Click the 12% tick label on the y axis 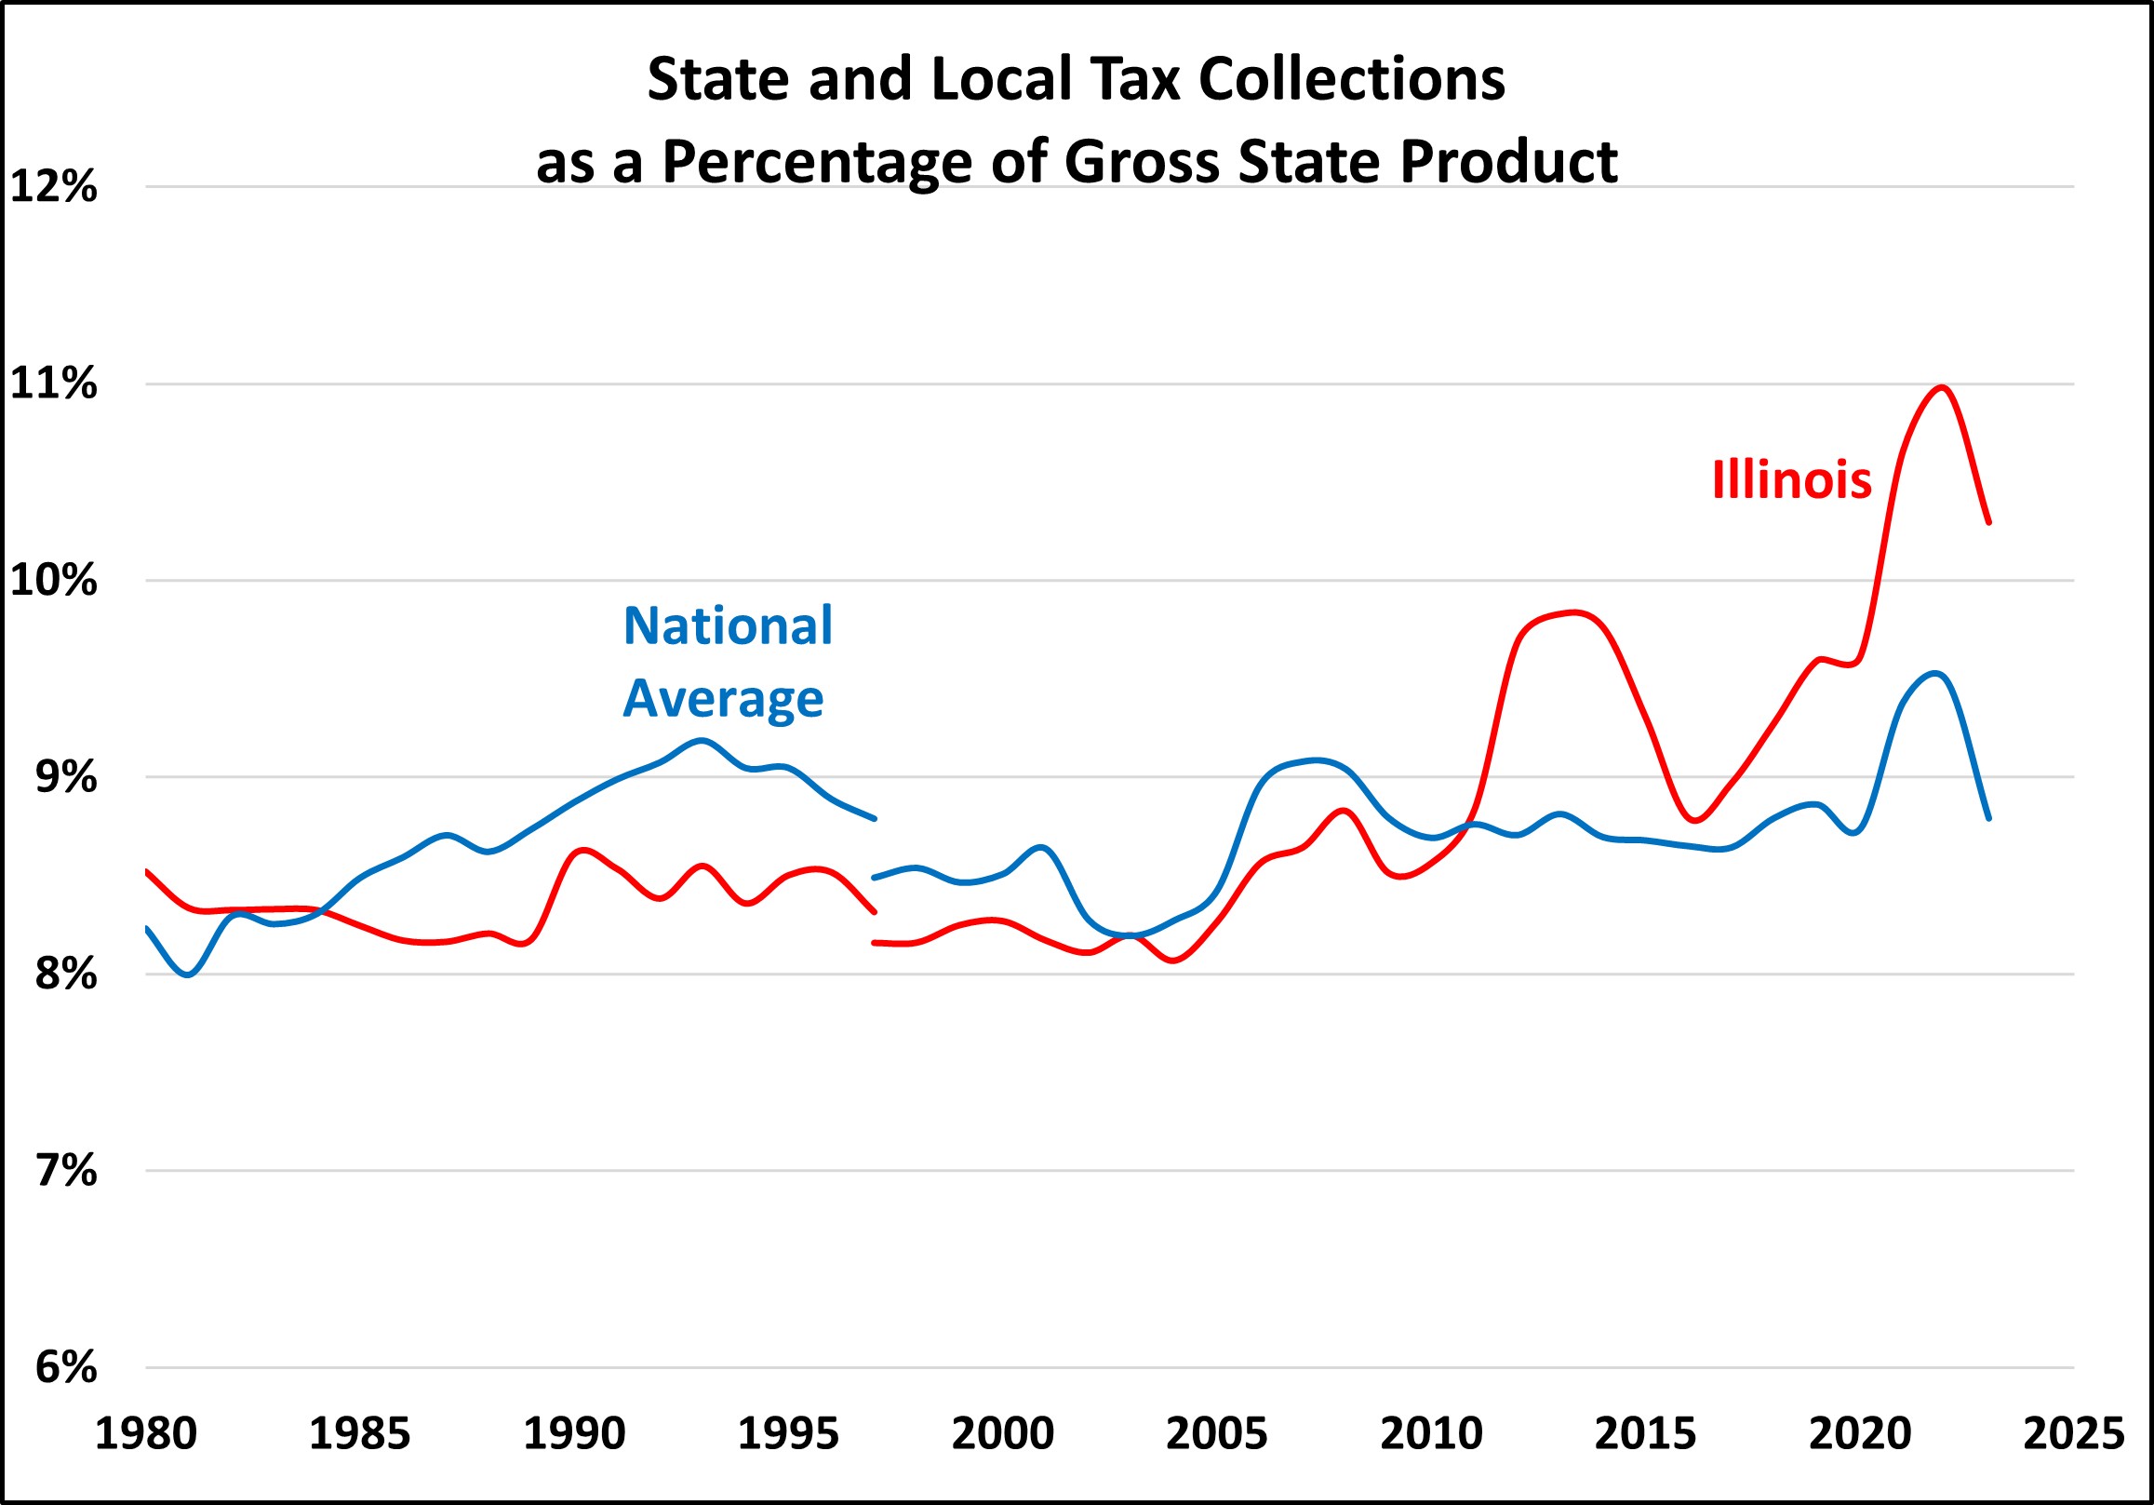53,187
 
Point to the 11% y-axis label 53,383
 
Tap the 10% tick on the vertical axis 53,581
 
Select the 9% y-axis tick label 66,777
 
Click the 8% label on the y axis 66,974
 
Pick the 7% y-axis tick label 66,1171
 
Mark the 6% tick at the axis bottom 66,1368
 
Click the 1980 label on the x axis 145,1433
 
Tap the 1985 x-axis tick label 359,1433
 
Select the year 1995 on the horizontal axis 788,1433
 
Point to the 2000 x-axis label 1002,1433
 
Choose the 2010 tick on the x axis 1431,1433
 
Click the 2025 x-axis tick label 2073,1433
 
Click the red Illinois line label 1792,480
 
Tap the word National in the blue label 728,625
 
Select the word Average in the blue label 723,699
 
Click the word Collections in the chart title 1352,79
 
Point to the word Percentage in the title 817,161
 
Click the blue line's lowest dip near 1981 189,974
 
